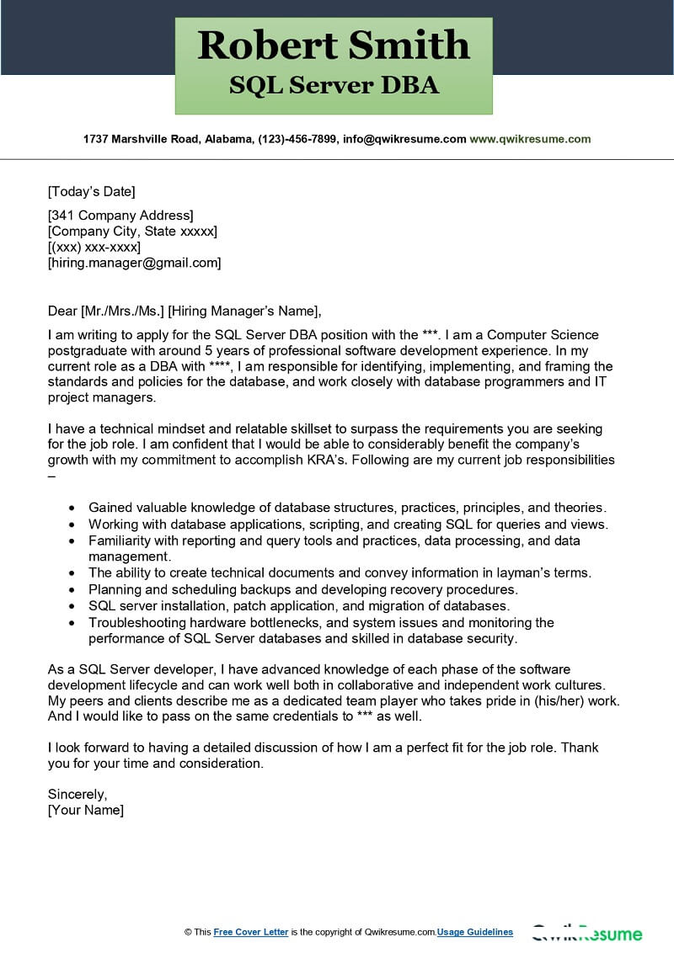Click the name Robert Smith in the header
tap(333, 45)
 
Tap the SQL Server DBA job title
tap(333, 86)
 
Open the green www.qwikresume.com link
tap(530, 139)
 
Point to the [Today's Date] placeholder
tap(91, 191)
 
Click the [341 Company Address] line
tap(120, 215)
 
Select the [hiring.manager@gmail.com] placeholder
tap(134, 263)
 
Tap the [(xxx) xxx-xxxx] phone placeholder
tap(94, 247)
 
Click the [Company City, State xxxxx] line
tap(132, 231)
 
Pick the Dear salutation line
tap(185, 310)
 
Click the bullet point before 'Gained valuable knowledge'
tap(72, 508)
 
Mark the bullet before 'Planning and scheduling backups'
tap(72, 589)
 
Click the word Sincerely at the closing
tap(78, 794)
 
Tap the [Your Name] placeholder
tap(85, 810)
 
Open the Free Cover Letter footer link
tap(251, 932)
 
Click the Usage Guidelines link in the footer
tap(475, 932)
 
